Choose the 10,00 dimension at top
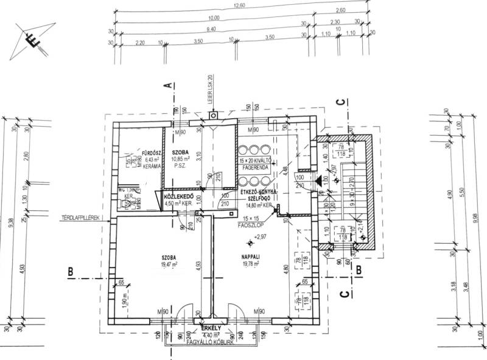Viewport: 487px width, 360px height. click(x=212, y=18)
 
